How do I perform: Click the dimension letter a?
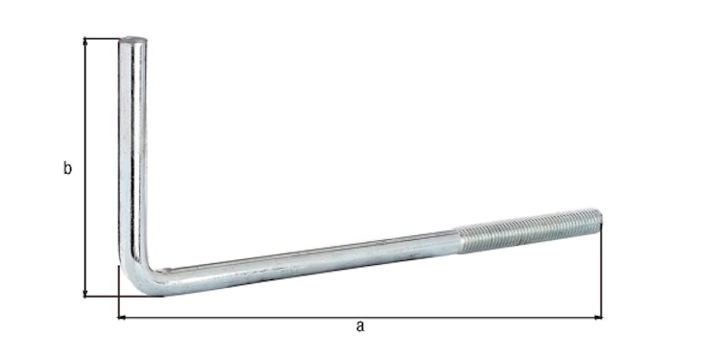(x=360, y=326)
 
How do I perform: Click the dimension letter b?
(x=67, y=169)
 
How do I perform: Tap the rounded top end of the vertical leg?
(x=132, y=41)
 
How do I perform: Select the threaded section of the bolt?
(x=528, y=231)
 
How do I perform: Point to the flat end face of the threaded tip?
(x=599, y=219)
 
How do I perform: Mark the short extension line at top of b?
(x=102, y=38)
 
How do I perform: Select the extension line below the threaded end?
(x=601, y=274)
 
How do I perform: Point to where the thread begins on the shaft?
(x=458, y=240)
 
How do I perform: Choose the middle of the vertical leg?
(x=132, y=154)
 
